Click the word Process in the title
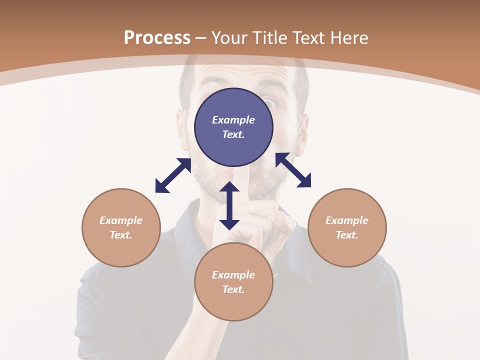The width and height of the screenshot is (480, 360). coord(157,38)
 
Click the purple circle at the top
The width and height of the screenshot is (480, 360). coord(233,127)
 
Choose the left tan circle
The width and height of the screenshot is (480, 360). coord(121,227)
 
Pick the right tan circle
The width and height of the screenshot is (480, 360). coord(347,227)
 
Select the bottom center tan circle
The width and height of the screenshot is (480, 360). coord(233,282)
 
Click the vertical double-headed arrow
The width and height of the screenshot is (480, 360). coord(229,205)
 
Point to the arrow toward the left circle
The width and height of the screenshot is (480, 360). coord(173,175)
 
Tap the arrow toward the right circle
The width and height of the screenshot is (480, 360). coord(293,170)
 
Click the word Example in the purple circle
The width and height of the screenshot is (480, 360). coord(233,120)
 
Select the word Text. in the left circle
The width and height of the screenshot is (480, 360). coord(121,235)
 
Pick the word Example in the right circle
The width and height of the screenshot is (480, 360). coord(347,220)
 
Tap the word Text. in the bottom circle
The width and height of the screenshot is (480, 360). coord(233,289)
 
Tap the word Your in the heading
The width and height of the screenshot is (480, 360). coord(229,38)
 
